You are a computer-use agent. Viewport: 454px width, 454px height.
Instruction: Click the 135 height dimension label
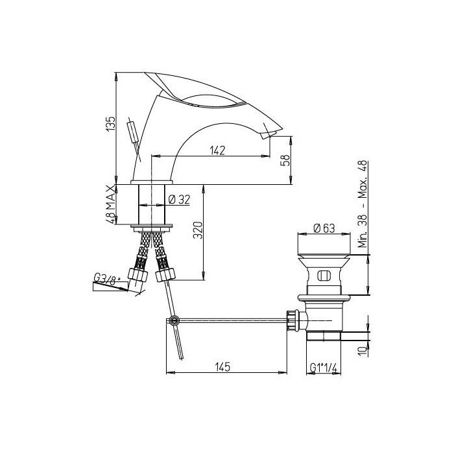(111, 125)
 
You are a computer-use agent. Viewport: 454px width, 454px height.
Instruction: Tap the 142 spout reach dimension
(217, 150)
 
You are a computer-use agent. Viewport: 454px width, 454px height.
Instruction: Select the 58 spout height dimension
(285, 160)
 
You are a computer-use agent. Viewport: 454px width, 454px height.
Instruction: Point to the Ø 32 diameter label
(179, 200)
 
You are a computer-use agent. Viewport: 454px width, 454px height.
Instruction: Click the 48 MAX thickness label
(111, 204)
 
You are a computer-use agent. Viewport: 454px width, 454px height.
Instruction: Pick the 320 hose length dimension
(198, 230)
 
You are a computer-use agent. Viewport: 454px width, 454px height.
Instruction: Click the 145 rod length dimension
(222, 367)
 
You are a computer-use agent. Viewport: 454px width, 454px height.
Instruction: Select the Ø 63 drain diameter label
(324, 228)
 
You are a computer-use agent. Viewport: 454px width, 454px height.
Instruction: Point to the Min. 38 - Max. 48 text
(363, 204)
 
